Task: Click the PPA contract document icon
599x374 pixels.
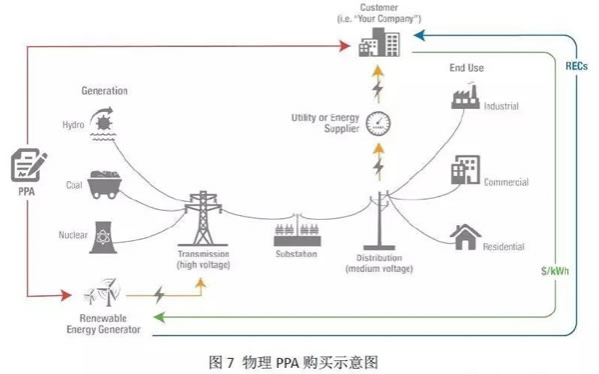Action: point(29,165)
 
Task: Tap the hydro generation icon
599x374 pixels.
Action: point(103,123)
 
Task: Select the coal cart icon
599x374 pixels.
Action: point(104,185)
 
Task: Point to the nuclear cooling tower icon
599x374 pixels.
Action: point(103,237)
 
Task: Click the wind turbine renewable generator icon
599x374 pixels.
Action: point(103,292)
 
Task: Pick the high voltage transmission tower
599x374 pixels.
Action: point(203,219)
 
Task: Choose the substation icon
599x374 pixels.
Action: point(298,232)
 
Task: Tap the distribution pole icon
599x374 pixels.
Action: point(379,221)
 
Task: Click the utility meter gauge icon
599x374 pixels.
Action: point(378,123)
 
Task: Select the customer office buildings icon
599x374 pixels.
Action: point(379,42)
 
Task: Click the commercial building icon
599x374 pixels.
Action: point(465,170)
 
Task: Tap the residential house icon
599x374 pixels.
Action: point(465,237)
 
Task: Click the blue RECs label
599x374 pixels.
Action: point(576,66)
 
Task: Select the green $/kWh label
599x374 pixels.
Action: point(555,271)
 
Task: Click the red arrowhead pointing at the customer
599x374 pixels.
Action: point(344,46)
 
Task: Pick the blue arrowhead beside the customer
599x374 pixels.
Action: point(419,36)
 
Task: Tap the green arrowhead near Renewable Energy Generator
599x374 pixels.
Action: point(159,317)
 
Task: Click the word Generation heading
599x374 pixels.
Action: point(104,91)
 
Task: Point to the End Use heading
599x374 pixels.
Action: point(466,68)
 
